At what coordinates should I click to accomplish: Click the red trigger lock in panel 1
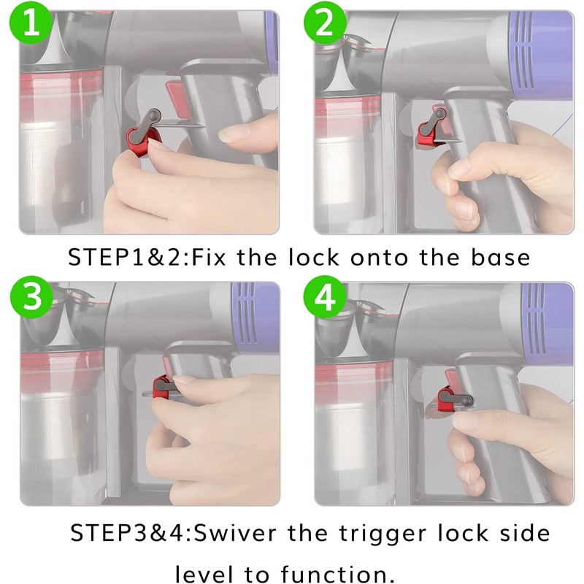coord(138,137)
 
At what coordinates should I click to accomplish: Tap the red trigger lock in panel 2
coord(426,131)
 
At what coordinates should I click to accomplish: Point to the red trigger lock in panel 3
coord(161,387)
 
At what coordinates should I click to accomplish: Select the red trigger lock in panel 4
coord(445,396)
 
